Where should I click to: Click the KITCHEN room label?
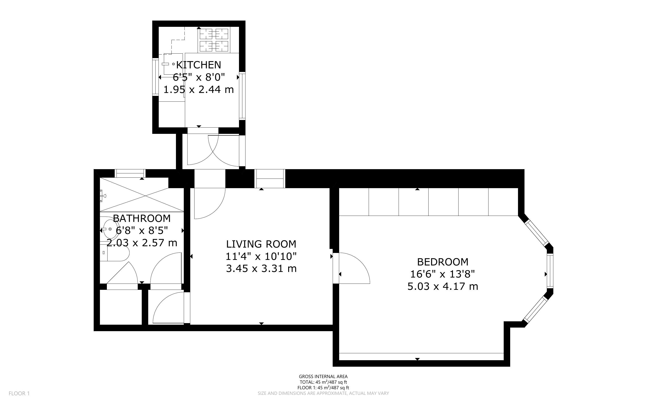click(199, 65)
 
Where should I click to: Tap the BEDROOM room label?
click(443, 262)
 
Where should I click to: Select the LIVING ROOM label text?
click(261, 244)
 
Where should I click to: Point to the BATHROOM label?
click(142, 218)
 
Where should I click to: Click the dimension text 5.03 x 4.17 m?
click(443, 286)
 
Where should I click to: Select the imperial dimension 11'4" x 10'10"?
click(261, 256)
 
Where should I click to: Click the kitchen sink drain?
click(173, 64)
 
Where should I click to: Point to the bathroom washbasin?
click(110, 229)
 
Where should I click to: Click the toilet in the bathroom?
click(115, 253)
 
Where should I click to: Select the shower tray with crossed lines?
click(142, 196)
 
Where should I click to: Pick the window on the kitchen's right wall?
click(242, 95)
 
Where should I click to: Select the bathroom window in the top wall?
click(130, 173)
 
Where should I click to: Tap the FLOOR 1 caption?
click(19, 393)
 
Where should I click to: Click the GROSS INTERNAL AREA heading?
click(323, 377)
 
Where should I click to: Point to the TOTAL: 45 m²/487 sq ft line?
click(323, 382)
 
